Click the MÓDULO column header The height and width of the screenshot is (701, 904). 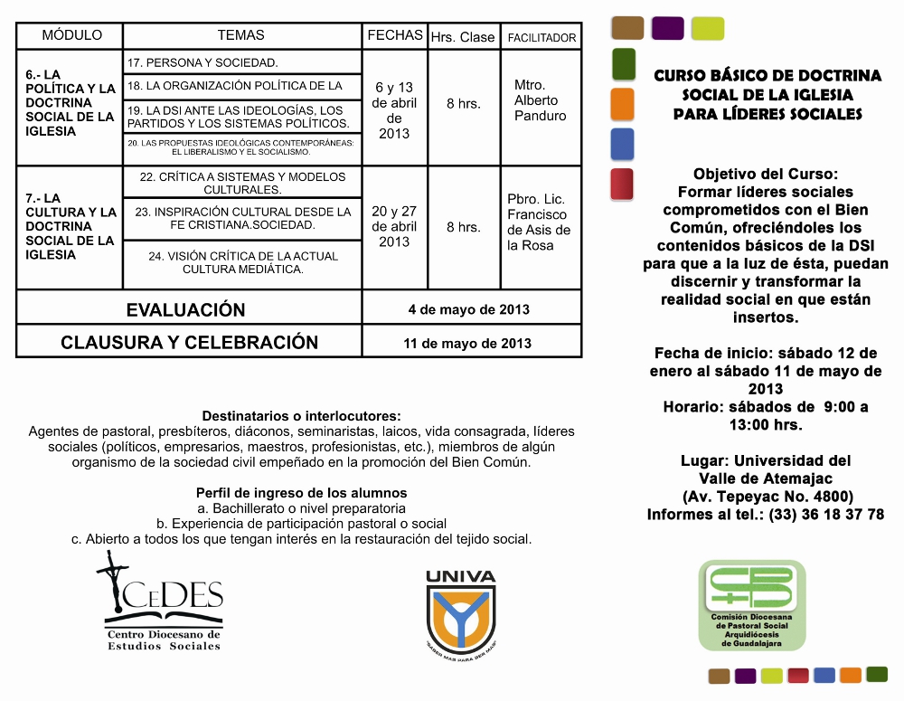(71, 36)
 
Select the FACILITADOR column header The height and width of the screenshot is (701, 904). (541, 38)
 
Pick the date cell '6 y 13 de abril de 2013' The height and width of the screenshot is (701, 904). (394, 109)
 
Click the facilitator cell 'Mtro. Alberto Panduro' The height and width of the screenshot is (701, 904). (540, 100)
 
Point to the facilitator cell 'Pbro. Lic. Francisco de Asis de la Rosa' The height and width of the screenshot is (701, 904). (539, 223)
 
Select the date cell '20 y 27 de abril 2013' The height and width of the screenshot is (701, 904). (394, 226)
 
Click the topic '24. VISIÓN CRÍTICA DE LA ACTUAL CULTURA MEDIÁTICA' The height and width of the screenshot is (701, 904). (243, 262)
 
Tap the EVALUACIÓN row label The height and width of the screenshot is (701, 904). (186, 309)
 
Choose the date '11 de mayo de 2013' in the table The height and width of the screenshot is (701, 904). (467, 343)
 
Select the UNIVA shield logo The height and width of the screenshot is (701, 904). (461, 610)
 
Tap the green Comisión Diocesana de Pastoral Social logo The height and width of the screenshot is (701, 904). (751, 604)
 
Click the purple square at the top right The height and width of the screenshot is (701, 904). (667, 28)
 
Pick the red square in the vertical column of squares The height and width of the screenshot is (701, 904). (622, 184)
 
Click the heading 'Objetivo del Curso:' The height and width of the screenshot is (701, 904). (765, 174)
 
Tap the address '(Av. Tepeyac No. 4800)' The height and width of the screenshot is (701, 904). (767, 496)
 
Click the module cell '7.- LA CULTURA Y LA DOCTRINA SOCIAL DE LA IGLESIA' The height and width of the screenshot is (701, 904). (71, 226)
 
